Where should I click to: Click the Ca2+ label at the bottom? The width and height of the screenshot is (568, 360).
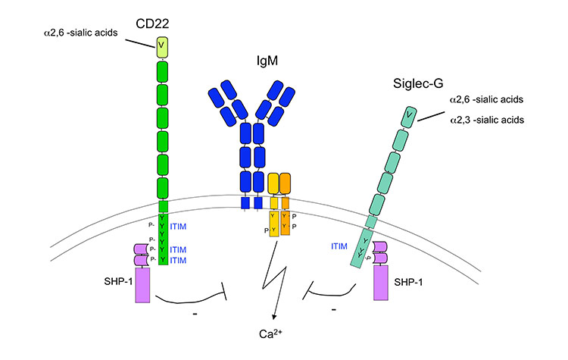[270, 334]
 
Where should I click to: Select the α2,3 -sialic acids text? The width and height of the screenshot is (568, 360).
[486, 120]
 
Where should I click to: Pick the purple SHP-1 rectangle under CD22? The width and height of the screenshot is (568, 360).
[144, 285]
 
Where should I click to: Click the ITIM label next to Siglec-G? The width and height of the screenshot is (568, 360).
[342, 246]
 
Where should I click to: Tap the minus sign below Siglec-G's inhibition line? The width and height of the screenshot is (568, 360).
[335, 310]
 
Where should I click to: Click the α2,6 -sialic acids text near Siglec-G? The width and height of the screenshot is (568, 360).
[486, 99]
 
